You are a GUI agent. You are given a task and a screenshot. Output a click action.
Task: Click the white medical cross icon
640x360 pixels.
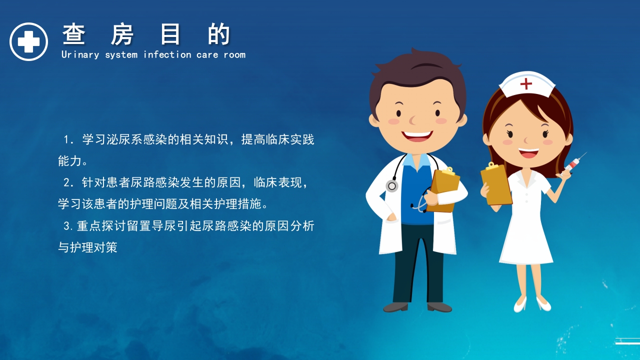(x=28, y=41)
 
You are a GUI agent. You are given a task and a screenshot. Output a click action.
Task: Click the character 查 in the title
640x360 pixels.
(x=74, y=35)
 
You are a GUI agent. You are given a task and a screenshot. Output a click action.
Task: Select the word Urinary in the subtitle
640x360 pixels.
(x=80, y=54)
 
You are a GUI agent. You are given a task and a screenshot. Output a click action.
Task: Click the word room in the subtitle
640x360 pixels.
(x=234, y=54)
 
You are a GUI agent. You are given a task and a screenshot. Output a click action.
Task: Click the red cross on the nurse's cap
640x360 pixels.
(x=526, y=83)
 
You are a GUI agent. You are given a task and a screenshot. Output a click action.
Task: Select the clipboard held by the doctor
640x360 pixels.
(x=444, y=187)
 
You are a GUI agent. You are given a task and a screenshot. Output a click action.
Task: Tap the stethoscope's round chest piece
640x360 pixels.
(x=392, y=186)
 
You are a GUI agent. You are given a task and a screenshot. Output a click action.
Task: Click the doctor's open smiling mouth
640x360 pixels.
(x=416, y=136)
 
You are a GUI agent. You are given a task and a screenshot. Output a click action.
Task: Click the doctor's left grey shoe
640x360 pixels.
(x=395, y=306)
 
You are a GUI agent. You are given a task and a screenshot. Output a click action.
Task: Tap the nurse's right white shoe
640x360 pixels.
(x=543, y=303)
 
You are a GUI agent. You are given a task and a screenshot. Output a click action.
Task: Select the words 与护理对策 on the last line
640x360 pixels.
(x=87, y=247)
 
